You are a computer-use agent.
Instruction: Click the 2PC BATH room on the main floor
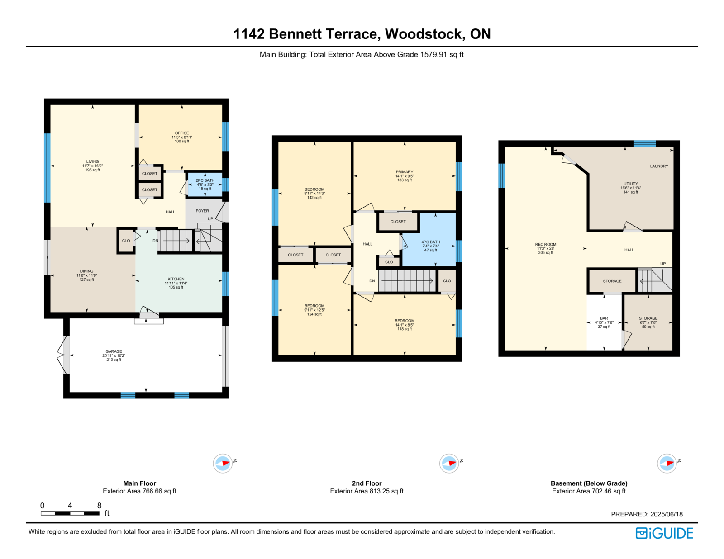click(x=205, y=185)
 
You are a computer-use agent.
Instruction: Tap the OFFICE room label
click(x=182, y=133)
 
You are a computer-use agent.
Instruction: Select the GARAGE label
click(x=114, y=351)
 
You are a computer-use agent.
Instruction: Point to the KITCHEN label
click(x=176, y=279)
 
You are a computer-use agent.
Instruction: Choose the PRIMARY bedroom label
click(x=405, y=172)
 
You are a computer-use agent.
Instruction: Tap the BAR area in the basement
click(x=604, y=322)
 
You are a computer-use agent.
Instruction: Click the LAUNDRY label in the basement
click(x=659, y=166)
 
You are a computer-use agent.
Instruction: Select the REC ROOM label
click(x=546, y=244)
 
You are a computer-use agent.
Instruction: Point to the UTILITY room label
click(x=631, y=184)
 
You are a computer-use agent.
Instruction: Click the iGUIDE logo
click(x=664, y=533)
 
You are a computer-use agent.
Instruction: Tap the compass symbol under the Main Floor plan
click(x=223, y=463)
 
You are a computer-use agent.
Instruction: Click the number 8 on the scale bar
click(x=99, y=506)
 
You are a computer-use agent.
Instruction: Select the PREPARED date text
click(x=647, y=514)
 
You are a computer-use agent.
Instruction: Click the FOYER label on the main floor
click(x=202, y=211)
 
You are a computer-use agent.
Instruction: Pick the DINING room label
click(x=86, y=271)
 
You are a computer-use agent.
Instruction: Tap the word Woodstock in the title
click(x=424, y=34)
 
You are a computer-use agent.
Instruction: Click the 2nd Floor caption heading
click(x=367, y=483)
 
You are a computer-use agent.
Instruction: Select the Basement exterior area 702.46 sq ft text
click(x=589, y=491)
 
